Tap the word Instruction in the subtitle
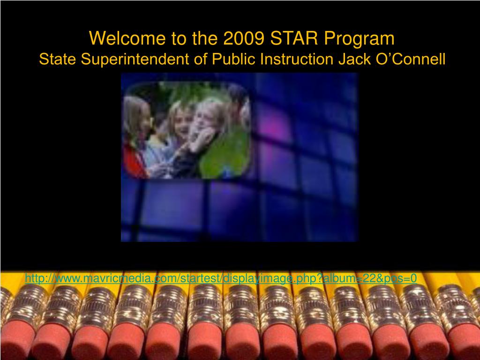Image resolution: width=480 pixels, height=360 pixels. coord(297,59)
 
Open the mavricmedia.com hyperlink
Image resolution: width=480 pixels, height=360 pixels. coord(221,278)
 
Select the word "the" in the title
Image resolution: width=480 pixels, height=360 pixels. coord(205,38)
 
